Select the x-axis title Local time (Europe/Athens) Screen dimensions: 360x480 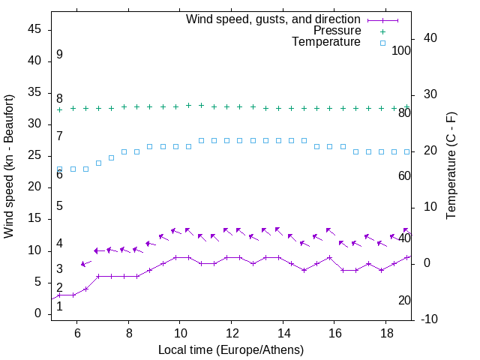pyautogui.click(x=231, y=349)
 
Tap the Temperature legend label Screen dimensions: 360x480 pyautogui.click(x=326, y=43)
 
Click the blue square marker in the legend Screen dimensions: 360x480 pyautogui.click(x=382, y=43)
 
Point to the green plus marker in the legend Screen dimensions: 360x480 pyautogui.click(x=382, y=31)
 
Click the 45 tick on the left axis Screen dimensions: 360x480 pyautogui.click(x=34, y=29)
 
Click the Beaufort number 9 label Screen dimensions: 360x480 pyautogui.click(x=59, y=55)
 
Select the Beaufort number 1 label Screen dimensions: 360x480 pyautogui.click(x=59, y=305)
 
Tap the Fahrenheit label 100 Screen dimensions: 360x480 pyautogui.click(x=401, y=50)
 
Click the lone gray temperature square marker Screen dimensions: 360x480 pyautogui.click(x=111, y=157)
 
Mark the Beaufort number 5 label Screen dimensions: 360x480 pyautogui.click(x=59, y=205)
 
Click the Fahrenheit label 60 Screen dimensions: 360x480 pyautogui.click(x=404, y=175)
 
